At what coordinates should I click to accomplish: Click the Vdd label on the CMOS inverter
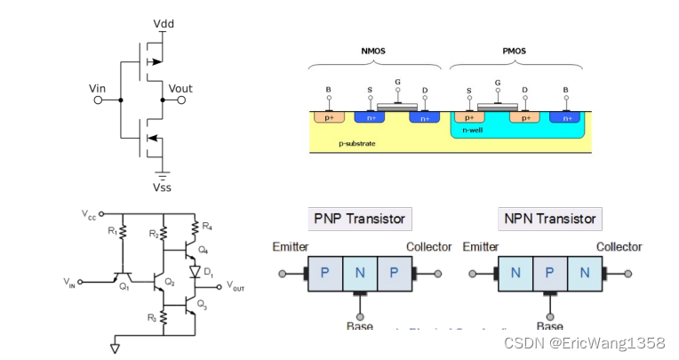coord(164,21)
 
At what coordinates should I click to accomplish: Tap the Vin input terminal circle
coord(98,101)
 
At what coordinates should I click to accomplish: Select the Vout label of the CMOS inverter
coord(180,89)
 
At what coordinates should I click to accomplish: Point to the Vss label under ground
coord(164,188)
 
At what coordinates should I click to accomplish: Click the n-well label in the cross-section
coord(476,131)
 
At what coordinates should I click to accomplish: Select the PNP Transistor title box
coord(359,219)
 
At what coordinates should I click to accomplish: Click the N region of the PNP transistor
coord(360,272)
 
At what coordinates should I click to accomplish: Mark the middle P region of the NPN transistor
coord(549,272)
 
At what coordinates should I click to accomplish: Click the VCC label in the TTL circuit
coord(89,215)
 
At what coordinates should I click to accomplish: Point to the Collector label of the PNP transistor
coord(429,246)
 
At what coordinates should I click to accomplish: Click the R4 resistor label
coord(208,227)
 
